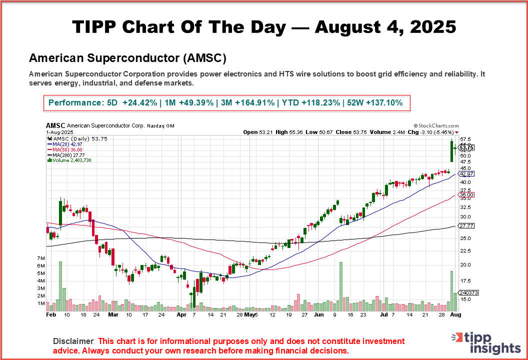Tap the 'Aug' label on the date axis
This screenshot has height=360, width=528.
[455, 315]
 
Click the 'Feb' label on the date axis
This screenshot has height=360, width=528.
[50, 315]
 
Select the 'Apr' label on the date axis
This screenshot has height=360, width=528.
[181, 315]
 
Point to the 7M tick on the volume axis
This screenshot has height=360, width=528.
[41, 257]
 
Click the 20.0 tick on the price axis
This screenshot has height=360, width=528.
[465, 264]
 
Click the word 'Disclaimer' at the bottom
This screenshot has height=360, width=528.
[73, 341]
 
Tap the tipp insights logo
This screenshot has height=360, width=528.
[487, 342]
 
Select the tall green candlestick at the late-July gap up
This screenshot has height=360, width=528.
[451, 151]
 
